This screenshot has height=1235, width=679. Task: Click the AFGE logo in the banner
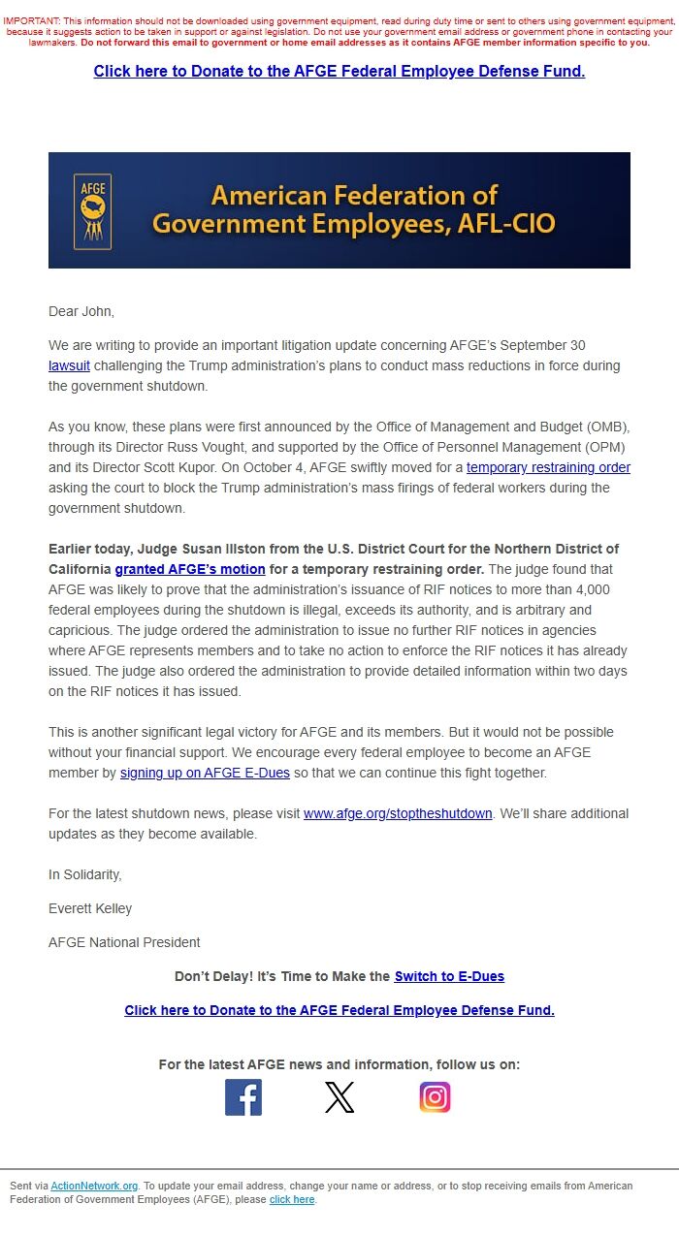tap(92, 211)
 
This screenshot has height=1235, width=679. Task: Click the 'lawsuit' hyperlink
tap(69, 365)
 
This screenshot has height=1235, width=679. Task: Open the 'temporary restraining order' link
tap(548, 467)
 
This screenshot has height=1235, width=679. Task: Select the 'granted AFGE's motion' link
tap(189, 569)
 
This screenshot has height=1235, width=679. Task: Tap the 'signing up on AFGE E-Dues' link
tap(205, 773)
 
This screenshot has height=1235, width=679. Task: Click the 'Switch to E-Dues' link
tap(449, 976)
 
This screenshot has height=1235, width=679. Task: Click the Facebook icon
tap(243, 1097)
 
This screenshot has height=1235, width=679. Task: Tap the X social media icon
tap(339, 1097)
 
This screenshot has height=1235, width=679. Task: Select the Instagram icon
tap(435, 1097)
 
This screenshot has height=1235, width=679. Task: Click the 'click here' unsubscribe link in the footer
tap(292, 1199)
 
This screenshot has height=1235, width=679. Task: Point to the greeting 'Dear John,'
tap(81, 311)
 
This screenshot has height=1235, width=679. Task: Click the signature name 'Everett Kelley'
tap(90, 908)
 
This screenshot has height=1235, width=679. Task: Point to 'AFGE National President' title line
tap(124, 942)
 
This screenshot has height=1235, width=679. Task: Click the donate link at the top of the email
tap(339, 71)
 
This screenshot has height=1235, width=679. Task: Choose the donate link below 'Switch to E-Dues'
tap(339, 1010)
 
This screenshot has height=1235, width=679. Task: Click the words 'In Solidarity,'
tap(85, 874)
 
